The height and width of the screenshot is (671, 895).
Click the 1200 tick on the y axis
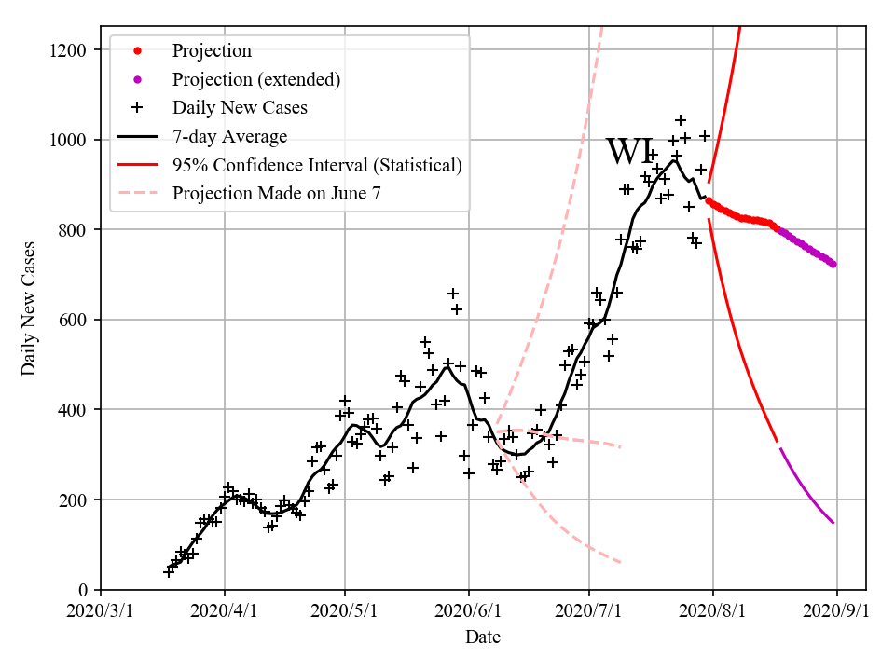pyautogui.click(x=73, y=50)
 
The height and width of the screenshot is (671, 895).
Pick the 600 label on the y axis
pyautogui.click(x=77, y=321)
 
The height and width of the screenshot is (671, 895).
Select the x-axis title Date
pyautogui.click(x=483, y=638)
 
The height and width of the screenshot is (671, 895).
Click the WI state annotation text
pyautogui.click(x=630, y=152)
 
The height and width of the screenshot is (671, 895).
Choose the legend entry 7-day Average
pyautogui.click(x=229, y=137)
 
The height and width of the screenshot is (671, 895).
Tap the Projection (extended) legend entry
pyautogui.click(x=255, y=80)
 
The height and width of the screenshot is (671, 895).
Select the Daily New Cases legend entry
pyautogui.click(x=240, y=108)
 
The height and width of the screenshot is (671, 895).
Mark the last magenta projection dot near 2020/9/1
pyautogui.click(x=833, y=264)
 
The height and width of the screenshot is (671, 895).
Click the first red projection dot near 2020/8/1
pyautogui.click(x=709, y=200)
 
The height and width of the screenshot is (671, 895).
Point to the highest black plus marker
pyautogui.click(x=681, y=120)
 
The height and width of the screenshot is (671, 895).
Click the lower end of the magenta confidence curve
pyautogui.click(x=833, y=523)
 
